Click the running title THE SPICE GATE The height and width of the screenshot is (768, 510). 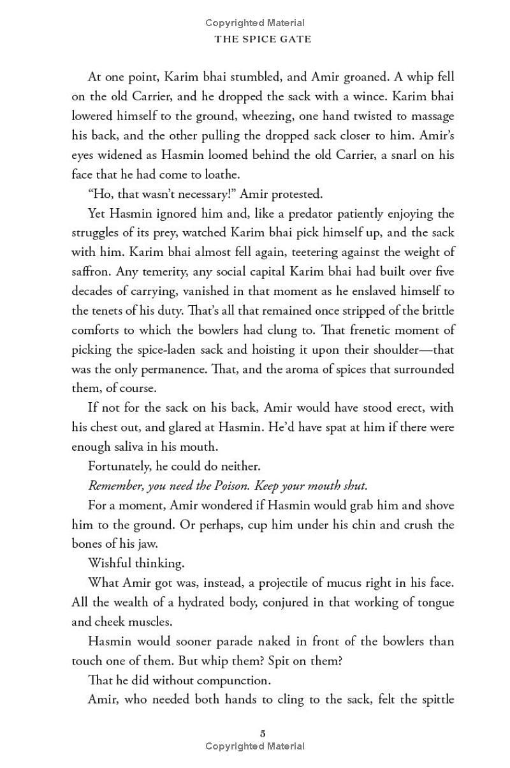[x=263, y=39]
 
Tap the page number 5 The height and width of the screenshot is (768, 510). [x=263, y=733]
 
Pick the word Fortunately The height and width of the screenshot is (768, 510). [x=120, y=466]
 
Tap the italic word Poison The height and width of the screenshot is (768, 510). [x=231, y=486]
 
